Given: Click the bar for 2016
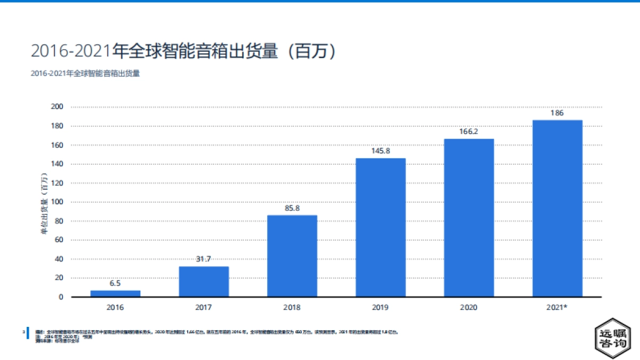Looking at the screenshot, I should coord(115,293).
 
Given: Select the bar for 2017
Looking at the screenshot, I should coord(204,282).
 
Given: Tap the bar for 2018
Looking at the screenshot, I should coord(292,256).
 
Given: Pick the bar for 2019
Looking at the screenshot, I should coord(381,227).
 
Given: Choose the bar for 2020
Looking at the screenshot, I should coord(469,218).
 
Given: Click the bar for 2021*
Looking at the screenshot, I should coord(557,208).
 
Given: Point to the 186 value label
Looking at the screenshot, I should coord(557,113).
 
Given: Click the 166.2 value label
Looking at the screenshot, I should coord(469,132).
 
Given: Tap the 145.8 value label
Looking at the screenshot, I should coord(381,151).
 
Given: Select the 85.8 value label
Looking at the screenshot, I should coord(292,208).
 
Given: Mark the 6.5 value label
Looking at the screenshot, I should coord(115,284).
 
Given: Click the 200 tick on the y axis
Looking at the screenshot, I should coord(57,107).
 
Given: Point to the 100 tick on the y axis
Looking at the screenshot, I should coord(57,202).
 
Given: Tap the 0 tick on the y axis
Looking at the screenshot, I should coord(61,297).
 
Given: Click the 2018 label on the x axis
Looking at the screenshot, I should coord(292,308).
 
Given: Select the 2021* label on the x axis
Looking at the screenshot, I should coord(558,308).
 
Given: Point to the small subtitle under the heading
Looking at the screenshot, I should coord(85,74).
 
